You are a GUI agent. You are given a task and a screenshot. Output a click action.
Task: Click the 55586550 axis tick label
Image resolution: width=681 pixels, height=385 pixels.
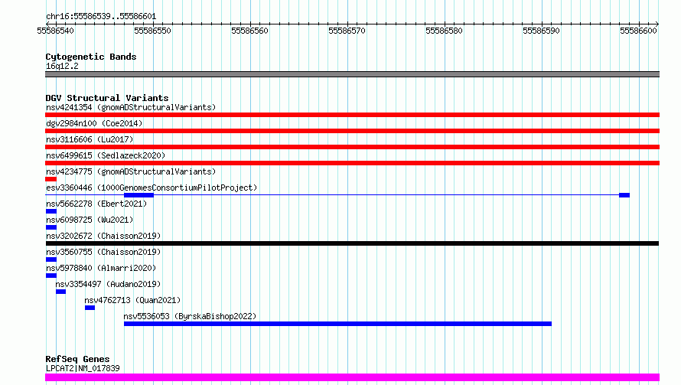point(152,31)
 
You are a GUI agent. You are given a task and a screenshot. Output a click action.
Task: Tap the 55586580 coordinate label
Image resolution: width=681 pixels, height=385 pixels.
point(444,31)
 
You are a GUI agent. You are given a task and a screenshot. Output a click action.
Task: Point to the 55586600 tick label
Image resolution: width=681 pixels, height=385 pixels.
point(638,31)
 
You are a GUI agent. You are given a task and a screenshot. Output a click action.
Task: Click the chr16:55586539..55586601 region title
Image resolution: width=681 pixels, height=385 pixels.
point(101,17)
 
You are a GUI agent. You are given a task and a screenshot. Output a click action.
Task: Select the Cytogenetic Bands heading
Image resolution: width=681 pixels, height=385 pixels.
point(91,57)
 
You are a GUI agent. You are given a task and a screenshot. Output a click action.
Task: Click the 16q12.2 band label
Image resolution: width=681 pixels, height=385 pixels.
point(62,66)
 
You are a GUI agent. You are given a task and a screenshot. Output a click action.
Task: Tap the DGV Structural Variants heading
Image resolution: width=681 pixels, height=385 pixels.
point(107,98)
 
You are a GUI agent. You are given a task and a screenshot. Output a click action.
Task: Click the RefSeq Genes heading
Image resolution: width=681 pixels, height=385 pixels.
point(78,359)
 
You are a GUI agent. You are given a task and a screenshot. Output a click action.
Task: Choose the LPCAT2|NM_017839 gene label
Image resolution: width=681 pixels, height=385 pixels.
point(83,368)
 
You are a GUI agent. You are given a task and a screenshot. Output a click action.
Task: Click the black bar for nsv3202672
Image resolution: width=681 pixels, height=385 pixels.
point(352,243)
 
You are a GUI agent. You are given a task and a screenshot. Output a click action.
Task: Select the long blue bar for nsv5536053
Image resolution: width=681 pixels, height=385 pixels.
point(338,324)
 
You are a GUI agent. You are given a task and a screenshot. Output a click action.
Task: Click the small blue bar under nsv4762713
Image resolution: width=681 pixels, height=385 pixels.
point(90,308)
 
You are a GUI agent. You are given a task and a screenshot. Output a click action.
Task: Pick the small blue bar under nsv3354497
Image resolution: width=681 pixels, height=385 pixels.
point(60,292)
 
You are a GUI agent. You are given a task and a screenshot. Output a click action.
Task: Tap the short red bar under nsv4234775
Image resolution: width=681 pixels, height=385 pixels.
point(51,179)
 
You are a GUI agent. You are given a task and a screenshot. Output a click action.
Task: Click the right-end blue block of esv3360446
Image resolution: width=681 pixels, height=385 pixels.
point(624,195)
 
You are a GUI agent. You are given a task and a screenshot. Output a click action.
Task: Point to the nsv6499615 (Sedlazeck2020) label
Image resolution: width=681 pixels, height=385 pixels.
point(106,155)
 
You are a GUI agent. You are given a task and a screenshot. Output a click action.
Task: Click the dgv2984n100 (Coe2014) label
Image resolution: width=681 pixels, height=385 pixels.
point(94,123)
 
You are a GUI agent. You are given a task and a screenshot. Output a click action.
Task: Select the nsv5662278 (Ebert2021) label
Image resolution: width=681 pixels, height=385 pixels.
point(96,204)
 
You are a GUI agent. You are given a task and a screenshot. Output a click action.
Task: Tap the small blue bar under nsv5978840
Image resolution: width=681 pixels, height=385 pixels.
point(51,276)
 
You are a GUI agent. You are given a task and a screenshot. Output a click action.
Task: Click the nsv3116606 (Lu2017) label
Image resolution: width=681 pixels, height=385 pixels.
point(90,139)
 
